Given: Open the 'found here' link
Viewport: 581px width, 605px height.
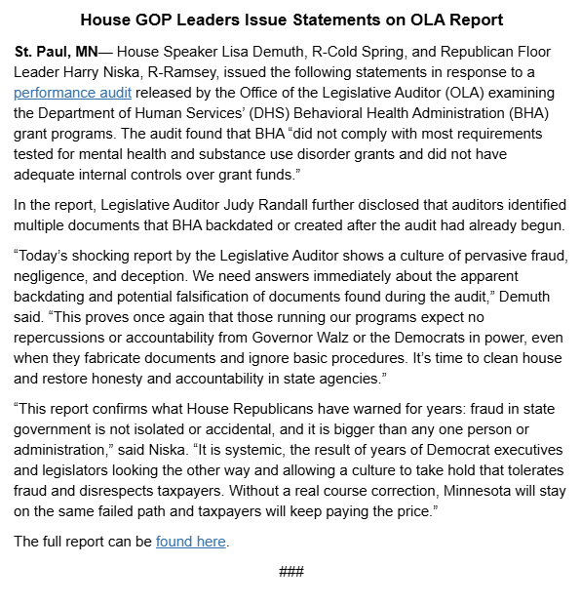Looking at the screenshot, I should pyautogui.click(x=190, y=542).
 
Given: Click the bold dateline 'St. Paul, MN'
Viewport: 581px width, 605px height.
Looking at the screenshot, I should pyautogui.click(x=56, y=51).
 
